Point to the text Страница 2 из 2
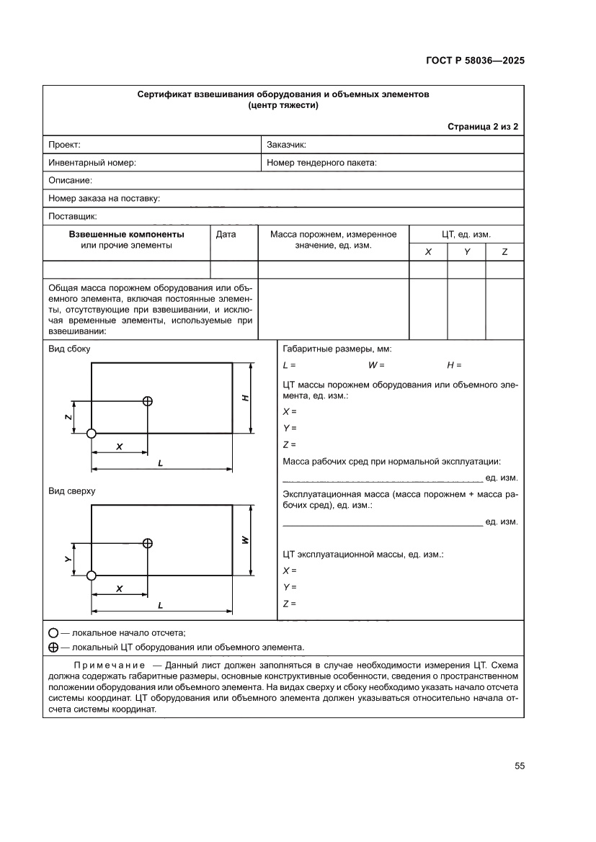point(483,126)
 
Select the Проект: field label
point(64,144)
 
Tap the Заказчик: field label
point(287,144)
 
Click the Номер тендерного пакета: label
point(321,163)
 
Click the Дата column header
point(226,234)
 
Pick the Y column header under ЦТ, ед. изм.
point(466,252)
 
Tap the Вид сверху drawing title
point(71,491)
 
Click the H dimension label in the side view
point(245,398)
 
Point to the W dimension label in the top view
point(245,539)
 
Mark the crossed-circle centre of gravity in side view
point(148,401)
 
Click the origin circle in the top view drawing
point(92,575)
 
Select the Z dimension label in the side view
point(67,417)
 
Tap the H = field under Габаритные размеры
point(454,365)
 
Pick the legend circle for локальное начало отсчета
point(53,633)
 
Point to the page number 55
point(519,766)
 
